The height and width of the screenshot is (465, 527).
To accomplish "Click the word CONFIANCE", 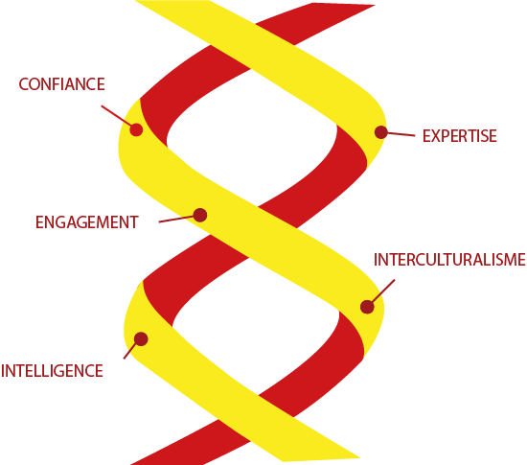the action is [62, 84].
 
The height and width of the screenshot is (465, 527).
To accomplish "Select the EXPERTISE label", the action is [459, 136].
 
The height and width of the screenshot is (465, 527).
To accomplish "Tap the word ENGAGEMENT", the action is [87, 222].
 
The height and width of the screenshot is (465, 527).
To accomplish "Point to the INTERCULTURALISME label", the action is [449, 260].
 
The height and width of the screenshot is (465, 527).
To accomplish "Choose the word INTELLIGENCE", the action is [52, 371].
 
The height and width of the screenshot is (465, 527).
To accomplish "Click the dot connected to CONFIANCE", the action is [136, 129].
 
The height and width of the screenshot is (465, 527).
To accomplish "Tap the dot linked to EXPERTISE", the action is [381, 132].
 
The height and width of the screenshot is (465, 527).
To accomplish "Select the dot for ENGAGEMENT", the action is [200, 215].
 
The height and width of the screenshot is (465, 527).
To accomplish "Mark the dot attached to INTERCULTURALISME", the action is [367, 307].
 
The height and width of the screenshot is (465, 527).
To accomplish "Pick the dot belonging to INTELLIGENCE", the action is [141, 338].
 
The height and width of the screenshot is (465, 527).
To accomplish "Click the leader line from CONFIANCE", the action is [116, 116].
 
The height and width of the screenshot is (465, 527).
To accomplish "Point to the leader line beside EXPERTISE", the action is [401, 134].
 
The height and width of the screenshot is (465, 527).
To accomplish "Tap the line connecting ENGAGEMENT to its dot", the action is [176, 220].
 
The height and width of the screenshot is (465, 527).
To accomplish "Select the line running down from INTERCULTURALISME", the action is [383, 291].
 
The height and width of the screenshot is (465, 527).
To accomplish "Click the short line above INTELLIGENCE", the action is [129, 350].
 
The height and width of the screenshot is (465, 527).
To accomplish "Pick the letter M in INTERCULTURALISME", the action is [510, 260].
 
